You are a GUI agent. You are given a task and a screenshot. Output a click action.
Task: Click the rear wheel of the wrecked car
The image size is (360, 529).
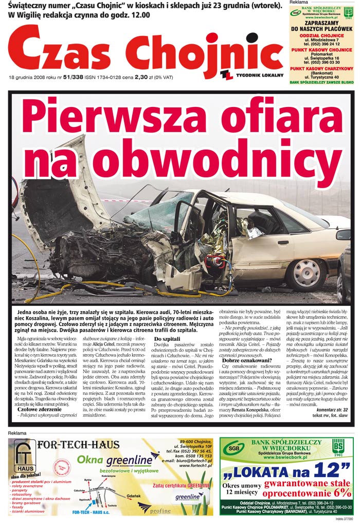point(307,272)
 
